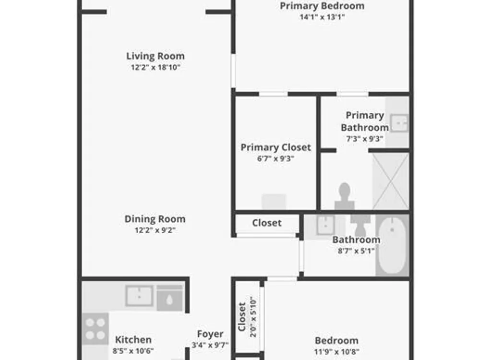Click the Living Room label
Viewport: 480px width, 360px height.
(156, 56)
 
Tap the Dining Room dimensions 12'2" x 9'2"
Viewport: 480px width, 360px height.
(155, 230)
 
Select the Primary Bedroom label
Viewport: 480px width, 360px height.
(322, 6)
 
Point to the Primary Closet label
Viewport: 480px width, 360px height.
(276, 147)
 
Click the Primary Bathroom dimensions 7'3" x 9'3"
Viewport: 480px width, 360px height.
(365, 139)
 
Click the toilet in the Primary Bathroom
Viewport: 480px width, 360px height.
(345, 196)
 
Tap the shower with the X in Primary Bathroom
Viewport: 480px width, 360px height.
(391, 181)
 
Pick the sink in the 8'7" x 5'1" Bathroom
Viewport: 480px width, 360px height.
(325, 225)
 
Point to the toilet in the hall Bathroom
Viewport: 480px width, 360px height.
(360, 225)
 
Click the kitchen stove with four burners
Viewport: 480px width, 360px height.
(95, 329)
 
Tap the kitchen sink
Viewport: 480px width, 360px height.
(139, 296)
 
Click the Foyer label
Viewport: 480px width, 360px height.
(210, 334)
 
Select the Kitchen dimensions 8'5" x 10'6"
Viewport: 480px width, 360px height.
(133, 351)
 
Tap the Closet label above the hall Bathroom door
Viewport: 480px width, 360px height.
(266, 223)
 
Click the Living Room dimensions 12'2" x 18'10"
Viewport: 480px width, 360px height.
(156, 67)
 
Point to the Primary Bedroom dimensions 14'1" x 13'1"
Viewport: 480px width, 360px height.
(322, 17)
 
